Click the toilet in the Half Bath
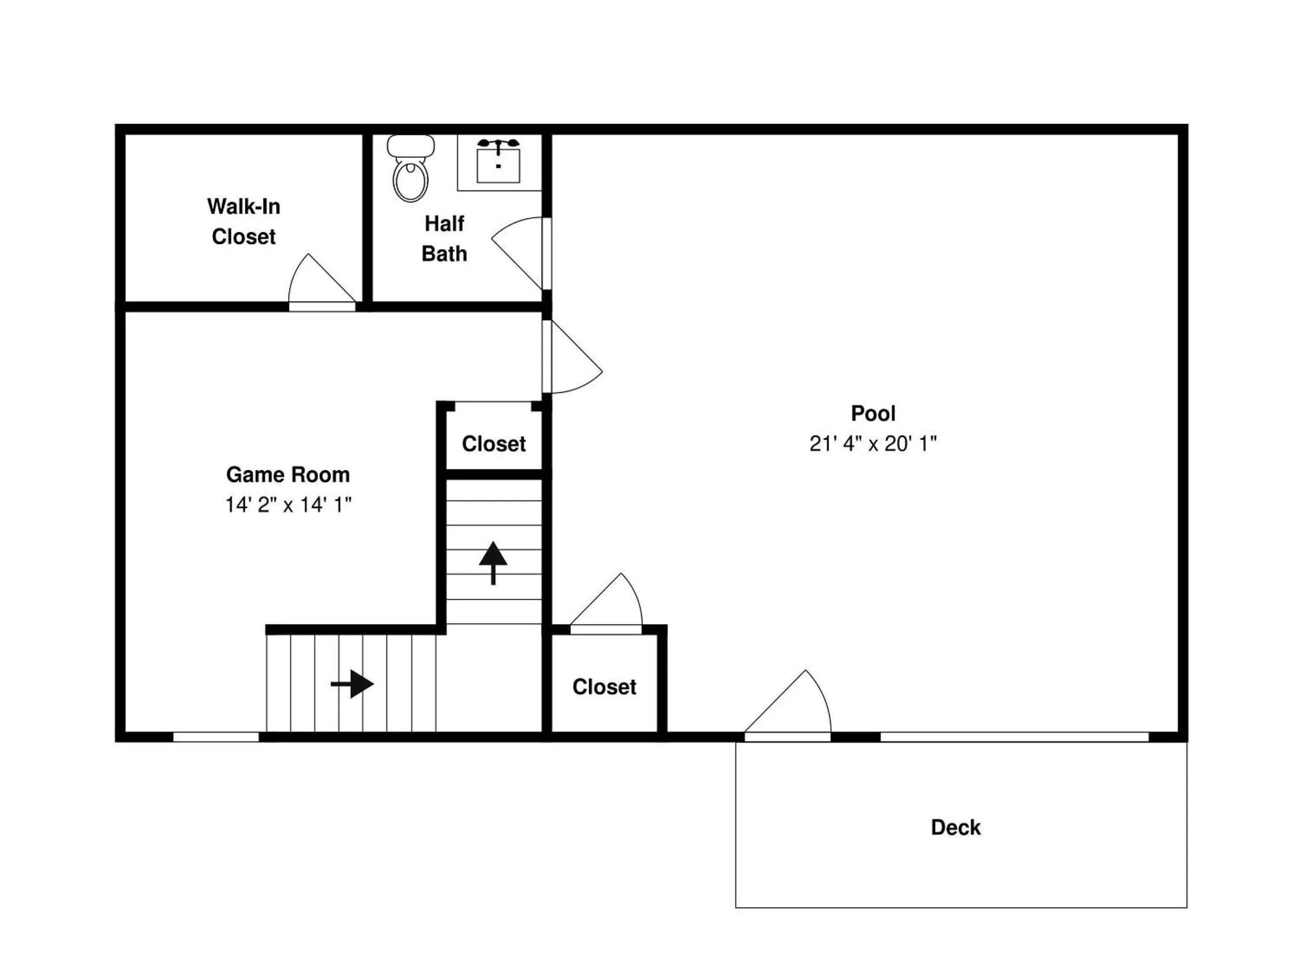[x=410, y=169]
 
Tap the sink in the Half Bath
[x=498, y=160]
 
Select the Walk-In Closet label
[x=244, y=221]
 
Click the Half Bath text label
[x=445, y=239]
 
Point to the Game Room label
[x=288, y=474]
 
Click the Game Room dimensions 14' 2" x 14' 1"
[x=288, y=504]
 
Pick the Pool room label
[x=873, y=413]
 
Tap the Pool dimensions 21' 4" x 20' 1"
[x=873, y=443]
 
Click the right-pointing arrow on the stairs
[x=352, y=684]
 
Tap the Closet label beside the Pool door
[x=604, y=687]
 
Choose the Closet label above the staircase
[x=494, y=444]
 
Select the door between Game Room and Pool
[x=572, y=356]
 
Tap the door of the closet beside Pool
[x=606, y=603]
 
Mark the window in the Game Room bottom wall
[x=216, y=737]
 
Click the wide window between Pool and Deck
[x=1014, y=737]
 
